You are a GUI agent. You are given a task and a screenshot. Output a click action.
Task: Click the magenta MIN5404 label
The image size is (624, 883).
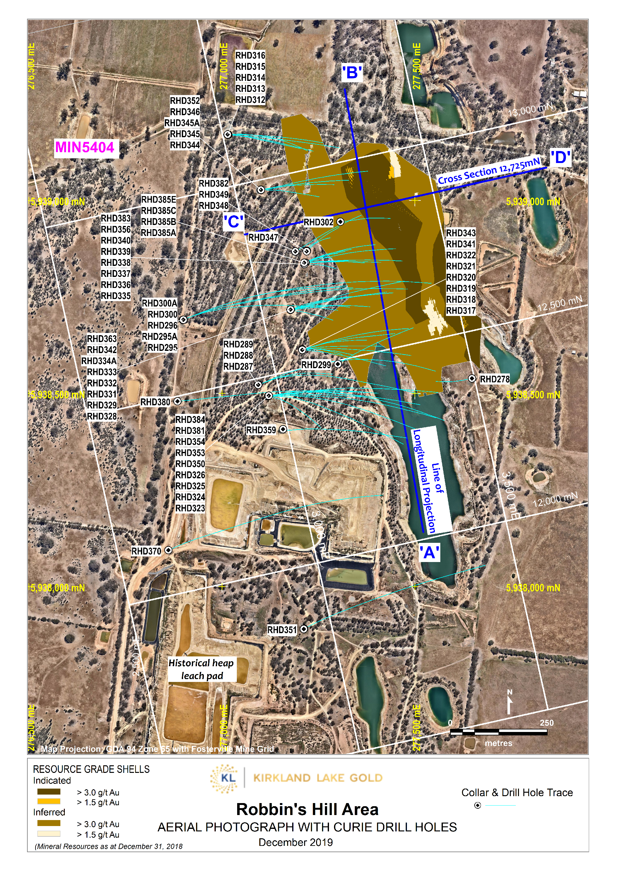pyautogui.click(x=85, y=147)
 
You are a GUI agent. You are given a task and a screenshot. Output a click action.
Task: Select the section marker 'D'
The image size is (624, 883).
pyautogui.click(x=560, y=158)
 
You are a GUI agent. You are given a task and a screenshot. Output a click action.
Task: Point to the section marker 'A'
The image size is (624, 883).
pyautogui.click(x=429, y=553)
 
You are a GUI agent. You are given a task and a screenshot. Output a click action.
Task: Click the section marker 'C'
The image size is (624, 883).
pyautogui.click(x=233, y=222)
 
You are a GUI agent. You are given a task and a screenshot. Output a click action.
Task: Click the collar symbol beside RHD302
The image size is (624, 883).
pyautogui.click(x=340, y=222)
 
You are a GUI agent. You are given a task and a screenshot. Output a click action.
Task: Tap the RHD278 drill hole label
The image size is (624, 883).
pyautogui.click(x=494, y=379)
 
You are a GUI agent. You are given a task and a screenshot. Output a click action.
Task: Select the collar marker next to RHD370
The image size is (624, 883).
pyautogui.click(x=168, y=550)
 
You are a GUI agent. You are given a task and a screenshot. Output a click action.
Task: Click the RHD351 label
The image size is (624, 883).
pyautogui.click(x=282, y=630)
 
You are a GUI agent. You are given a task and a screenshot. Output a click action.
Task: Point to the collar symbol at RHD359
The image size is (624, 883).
pyautogui.click(x=283, y=429)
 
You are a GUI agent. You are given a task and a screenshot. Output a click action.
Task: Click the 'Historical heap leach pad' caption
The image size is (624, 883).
pyautogui.click(x=202, y=669)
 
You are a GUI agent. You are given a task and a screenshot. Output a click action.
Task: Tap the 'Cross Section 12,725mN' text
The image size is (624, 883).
pyautogui.click(x=489, y=171)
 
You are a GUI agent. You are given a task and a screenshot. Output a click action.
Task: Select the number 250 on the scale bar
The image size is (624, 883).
pyautogui.click(x=546, y=723)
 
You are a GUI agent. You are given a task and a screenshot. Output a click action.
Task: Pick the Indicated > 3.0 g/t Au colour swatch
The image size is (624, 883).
pyautogui.click(x=48, y=791)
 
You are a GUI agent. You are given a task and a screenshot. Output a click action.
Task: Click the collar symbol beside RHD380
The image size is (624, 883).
pyautogui.click(x=177, y=401)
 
